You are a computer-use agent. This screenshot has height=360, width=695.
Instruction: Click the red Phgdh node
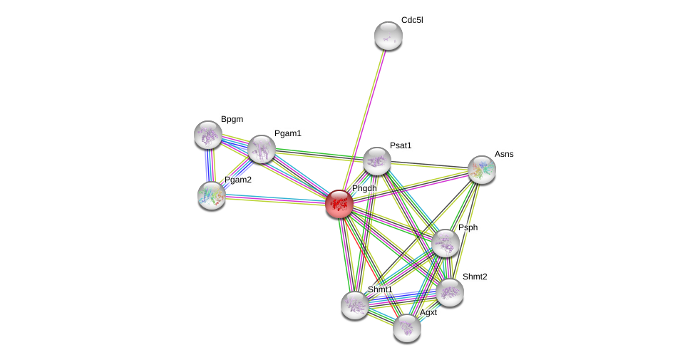pyautogui.click(x=339, y=204)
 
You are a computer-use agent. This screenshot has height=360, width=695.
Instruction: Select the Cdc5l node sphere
pyautogui.click(x=388, y=36)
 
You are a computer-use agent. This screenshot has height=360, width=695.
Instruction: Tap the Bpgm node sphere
pyautogui.click(x=208, y=135)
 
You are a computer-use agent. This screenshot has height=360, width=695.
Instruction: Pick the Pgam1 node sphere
pyautogui.click(x=262, y=149)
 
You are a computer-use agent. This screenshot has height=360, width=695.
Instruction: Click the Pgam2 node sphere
pyautogui.click(x=212, y=195)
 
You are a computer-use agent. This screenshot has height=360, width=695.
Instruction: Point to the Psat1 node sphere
pyautogui.click(x=377, y=161)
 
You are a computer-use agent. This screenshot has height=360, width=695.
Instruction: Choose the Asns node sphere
pyautogui.click(x=482, y=170)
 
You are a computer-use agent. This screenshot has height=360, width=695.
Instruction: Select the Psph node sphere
pyautogui.click(x=446, y=243)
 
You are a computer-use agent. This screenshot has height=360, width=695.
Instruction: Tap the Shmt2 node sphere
pyautogui.click(x=450, y=292)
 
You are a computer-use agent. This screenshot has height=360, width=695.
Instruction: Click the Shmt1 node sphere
pyautogui.click(x=355, y=305)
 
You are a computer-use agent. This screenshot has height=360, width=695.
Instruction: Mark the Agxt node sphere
pyautogui.click(x=407, y=328)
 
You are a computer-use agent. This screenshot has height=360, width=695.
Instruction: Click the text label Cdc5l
pyautogui.click(x=412, y=20)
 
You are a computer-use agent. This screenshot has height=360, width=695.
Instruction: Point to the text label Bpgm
pyautogui.click(x=232, y=119)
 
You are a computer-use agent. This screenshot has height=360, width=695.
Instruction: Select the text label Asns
pyautogui.click(x=504, y=154)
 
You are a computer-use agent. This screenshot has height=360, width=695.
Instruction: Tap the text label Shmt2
pyautogui.click(x=475, y=277)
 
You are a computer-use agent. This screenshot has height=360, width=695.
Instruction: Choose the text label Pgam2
pyautogui.click(x=238, y=180)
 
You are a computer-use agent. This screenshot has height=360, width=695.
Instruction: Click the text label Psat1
pyautogui.click(x=401, y=145)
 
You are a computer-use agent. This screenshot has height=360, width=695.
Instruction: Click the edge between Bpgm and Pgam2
pyautogui.click(x=210, y=165)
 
